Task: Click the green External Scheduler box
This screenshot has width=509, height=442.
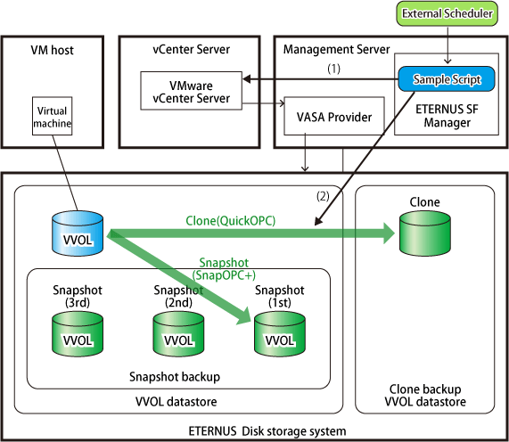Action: click(x=447, y=13)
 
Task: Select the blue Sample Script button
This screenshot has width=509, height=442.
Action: click(x=447, y=79)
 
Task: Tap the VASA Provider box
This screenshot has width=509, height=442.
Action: click(x=334, y=116)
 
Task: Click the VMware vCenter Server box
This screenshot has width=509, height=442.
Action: click(x=191, y=91)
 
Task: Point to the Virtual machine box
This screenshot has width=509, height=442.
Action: click(x=53, y=116)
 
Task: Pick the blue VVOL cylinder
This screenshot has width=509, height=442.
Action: click(x=78, y=233)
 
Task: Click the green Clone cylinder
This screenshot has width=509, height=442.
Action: click(x=425, y=233)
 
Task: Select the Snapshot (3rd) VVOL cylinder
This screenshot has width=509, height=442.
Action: click(x=78, y=334)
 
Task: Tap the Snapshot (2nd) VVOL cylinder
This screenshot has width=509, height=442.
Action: click(x=178, y=334)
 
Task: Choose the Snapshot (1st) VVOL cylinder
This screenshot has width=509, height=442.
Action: click(x=280, y=334)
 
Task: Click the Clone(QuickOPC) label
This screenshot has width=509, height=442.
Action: click(x=231, y=221)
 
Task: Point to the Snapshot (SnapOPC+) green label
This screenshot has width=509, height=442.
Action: click(x=224, y=269)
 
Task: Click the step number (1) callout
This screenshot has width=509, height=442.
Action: click(x=333, y=69)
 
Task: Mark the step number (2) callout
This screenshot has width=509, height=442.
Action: click(x=323, y=196)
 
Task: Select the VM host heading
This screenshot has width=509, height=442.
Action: click(x=53, y=50)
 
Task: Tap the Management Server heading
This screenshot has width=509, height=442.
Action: click(x=336, y=49)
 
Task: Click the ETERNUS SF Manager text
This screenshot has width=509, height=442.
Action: click(x=447, y=116)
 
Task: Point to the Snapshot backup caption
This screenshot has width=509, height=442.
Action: click(x=175, y=377)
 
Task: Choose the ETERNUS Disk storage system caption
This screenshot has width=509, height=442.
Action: click(x=267, y=431)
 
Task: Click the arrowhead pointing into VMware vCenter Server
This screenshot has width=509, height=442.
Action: click(x=246, y=78)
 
